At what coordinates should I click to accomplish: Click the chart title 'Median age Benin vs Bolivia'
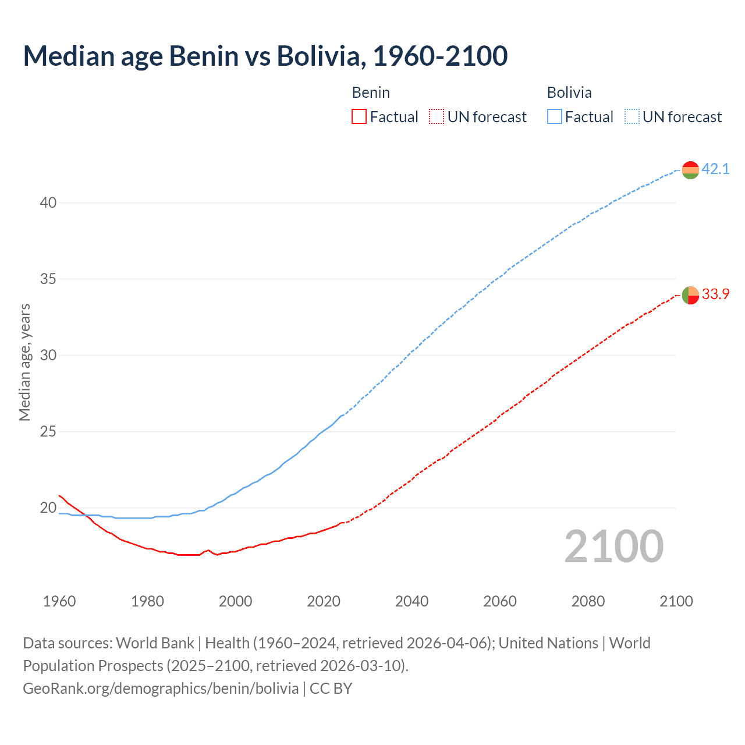click(x=265, y=56)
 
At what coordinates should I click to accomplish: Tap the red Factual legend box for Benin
click(x=359, y=117)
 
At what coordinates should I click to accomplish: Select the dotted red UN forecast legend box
click(x=437, y=117)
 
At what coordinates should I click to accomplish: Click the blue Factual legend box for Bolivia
click(x=554, y=117)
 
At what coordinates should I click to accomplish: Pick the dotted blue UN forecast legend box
click(x=632, y=117)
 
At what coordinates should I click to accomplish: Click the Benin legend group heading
click(x=371, y=93)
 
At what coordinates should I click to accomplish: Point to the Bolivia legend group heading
click(x=569, y=93)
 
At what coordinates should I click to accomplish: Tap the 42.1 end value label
click(x=715, y=169)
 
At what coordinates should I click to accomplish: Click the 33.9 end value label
click(x=715, y=295)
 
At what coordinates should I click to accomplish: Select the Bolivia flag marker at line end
click(x=690, y=170)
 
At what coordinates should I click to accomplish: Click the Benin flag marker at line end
click(x=690, y=295)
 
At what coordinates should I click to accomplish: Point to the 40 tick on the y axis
click(x=48, y=203)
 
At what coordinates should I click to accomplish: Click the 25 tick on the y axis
click(x=48, y=431)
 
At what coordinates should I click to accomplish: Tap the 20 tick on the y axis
click(x=48, y=508)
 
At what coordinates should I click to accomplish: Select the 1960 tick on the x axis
click(x=59, y=601)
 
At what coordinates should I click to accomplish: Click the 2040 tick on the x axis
click(x=411, y=601)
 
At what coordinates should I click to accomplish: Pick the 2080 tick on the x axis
click(x=588, y=601)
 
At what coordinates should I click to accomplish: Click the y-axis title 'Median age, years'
click(x=24, y=362)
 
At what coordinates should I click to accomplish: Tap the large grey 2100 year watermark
click(x=613, y=546)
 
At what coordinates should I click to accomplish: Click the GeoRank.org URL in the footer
click(x=161, y=689)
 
